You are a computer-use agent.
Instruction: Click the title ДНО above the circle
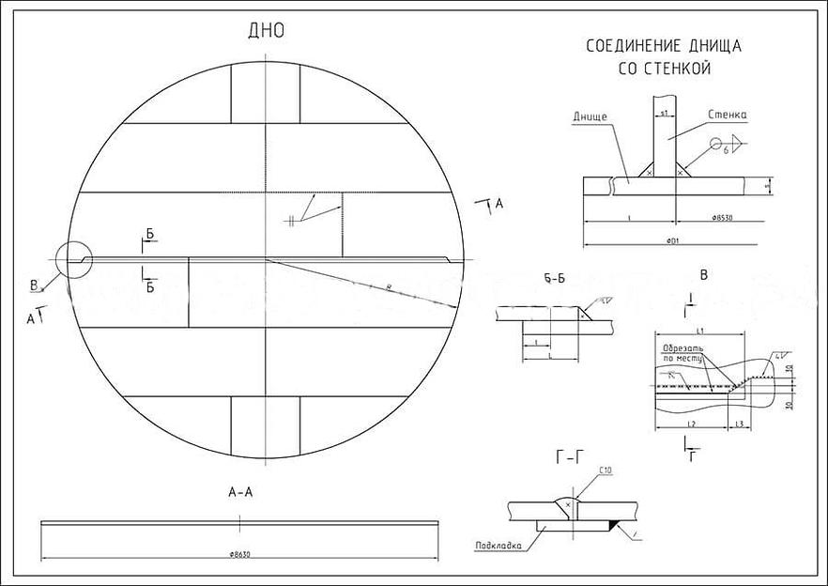point(266,31)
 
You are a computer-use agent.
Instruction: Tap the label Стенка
point(728,115)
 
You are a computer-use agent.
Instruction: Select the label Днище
point(590,116)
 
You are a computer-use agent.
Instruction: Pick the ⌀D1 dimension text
point(672,241)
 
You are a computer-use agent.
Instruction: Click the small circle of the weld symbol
point(716,145)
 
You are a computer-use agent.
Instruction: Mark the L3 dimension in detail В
point(739,425)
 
